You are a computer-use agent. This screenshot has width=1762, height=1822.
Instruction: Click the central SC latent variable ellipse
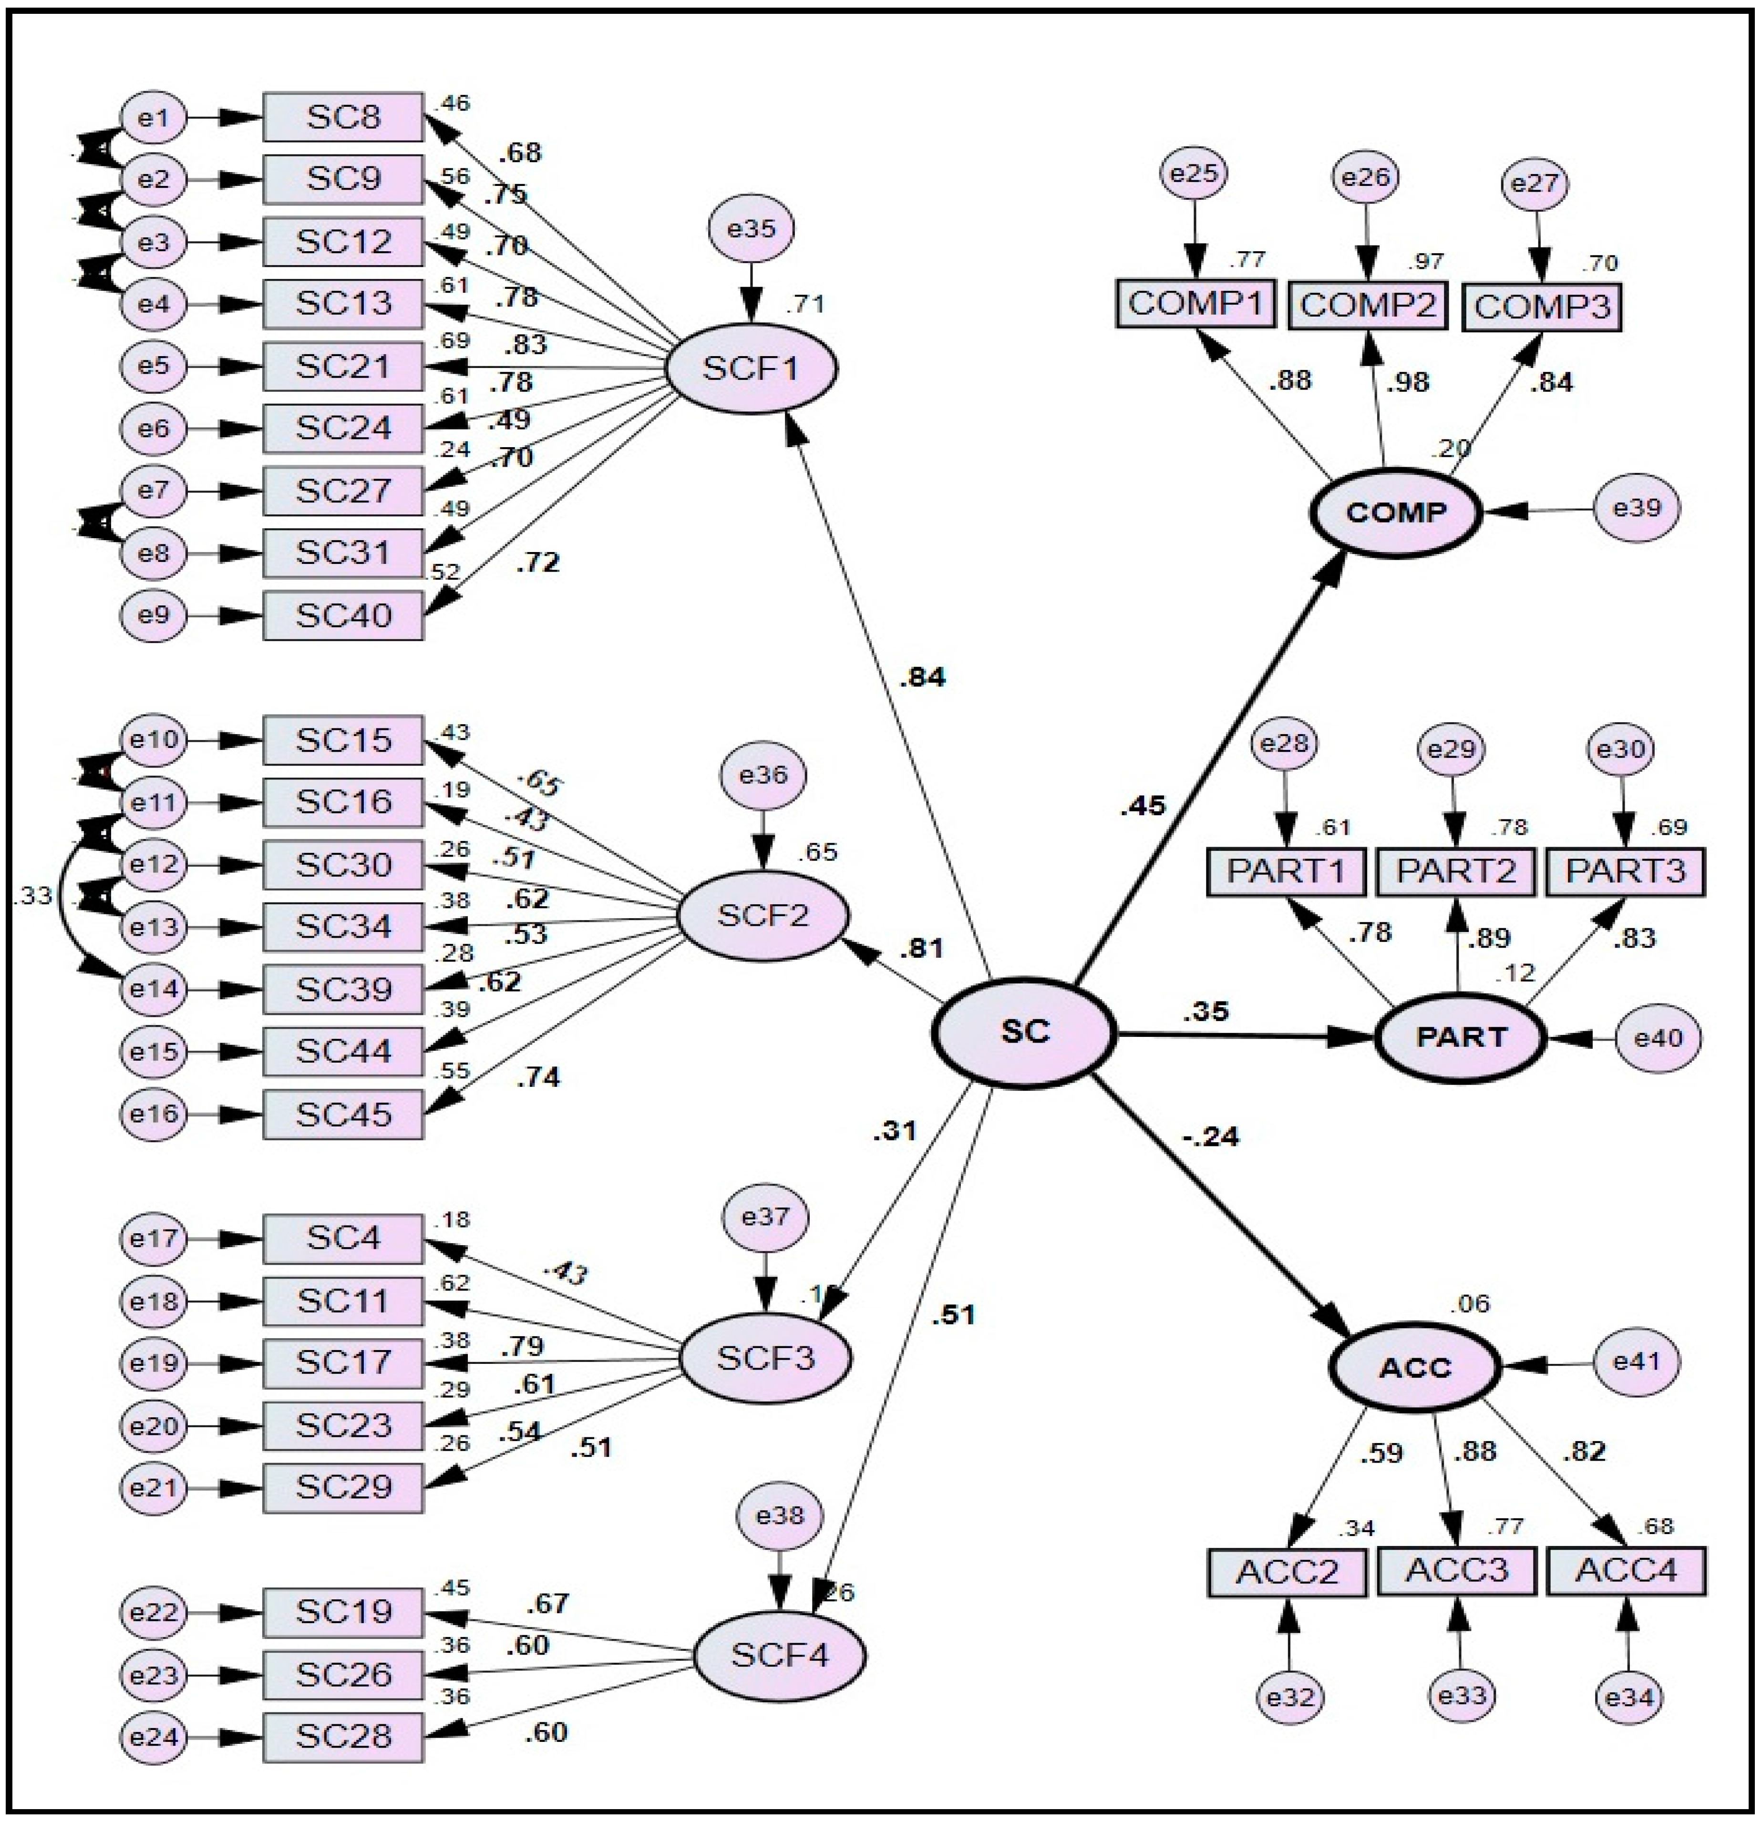coord(1024,1032)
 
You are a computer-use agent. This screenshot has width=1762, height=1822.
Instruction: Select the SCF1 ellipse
coord(751,369)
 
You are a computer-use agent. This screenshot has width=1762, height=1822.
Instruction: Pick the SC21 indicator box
coord(343,366)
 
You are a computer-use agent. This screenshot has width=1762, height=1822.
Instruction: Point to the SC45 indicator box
coord(343,1114)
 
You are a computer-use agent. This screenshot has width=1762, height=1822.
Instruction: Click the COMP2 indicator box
coord(1367,305)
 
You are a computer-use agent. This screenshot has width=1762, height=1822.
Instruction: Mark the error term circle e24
coord(155,1736)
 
